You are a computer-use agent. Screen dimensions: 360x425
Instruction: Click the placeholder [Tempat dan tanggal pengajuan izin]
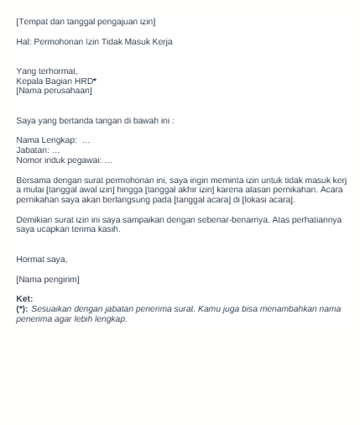(86, 20)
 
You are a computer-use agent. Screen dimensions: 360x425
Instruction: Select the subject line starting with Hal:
(94, 41)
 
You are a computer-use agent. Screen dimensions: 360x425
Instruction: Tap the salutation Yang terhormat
(47, 71)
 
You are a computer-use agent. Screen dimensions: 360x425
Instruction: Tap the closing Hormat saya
(41, 260)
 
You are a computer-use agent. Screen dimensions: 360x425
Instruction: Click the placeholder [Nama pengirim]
(48, 279)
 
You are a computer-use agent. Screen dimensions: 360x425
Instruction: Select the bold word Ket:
(24, 299)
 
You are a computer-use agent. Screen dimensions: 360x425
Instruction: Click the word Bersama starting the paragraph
(34, 180)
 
